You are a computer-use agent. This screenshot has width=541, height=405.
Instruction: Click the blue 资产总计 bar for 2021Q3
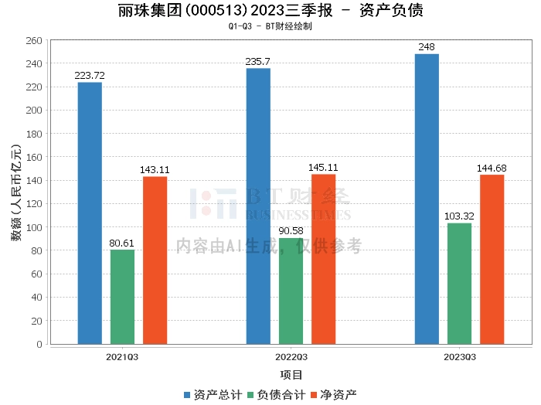pos(90,213)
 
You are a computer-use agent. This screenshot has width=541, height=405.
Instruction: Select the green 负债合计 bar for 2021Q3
pos(122,297)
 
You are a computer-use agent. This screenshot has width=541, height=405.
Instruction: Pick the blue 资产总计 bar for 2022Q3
pos(258,206)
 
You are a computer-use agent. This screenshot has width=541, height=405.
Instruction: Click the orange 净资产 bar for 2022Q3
pos(323,259)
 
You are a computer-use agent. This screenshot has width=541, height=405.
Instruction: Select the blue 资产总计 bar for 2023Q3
pos(427,199)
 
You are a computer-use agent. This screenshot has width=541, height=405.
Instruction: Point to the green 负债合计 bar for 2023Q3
pos(459,284)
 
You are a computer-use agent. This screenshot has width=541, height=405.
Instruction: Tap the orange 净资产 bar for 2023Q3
pos(492,259)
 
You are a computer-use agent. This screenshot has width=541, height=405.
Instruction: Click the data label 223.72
pos(90,75)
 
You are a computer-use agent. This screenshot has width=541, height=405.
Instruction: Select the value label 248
pos(427,47)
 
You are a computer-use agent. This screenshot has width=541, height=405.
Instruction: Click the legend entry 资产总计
pos(212,394)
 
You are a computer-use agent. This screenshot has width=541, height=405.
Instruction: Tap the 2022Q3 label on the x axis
pos(291,357)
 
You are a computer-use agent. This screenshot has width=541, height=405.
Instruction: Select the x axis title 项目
pos(291,375)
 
